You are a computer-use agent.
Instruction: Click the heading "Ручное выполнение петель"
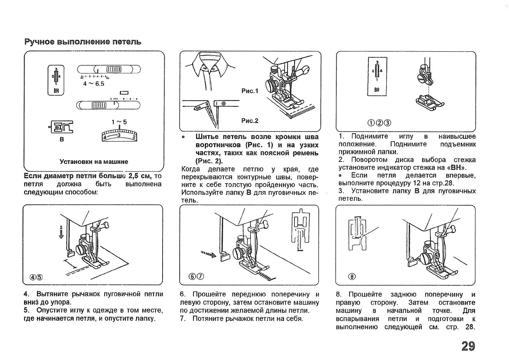(x=83, y=42)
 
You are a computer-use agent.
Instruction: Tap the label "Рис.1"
(x=249, y=91)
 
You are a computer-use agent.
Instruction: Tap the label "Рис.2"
(x=249, y=121)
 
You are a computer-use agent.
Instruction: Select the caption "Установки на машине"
(x=94, y=162)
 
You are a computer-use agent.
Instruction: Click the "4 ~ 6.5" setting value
(x=93, y=84)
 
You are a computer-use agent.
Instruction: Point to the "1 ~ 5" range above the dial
(x=119, y=122)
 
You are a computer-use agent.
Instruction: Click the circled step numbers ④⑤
(x=37, y=277)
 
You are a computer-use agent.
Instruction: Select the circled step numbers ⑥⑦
(x=196, y=277)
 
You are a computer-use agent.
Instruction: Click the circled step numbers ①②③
(x=379, y=123)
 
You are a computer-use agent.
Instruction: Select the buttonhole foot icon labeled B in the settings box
(x=62, y=127)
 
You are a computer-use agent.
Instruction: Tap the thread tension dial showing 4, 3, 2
(x=119, y=135)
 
